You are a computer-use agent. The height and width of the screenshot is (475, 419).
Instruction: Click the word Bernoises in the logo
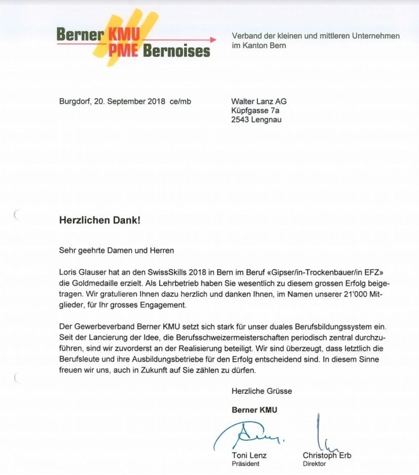tap(177, 51)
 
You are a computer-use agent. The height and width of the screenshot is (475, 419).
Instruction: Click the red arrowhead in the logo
tap(213, 40)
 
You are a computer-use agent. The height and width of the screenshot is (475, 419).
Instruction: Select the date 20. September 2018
tap(127, 101)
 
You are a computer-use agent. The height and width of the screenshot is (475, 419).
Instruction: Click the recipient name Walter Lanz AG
tap(259, 101)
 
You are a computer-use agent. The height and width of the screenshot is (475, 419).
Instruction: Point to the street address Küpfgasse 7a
tap(256, 110)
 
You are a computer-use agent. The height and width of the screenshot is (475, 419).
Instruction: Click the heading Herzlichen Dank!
tap(99, 220)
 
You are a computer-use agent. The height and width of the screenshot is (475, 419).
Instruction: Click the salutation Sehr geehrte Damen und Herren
tap(117, 250)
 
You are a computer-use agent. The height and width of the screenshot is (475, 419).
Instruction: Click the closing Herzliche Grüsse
tap(262, 391)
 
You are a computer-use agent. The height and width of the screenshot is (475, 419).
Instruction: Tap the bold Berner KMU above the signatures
tap(254, 410)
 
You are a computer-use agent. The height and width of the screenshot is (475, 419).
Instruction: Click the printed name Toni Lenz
tap(249, 455)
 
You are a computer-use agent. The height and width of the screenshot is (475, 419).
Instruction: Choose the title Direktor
tap(314, 464)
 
